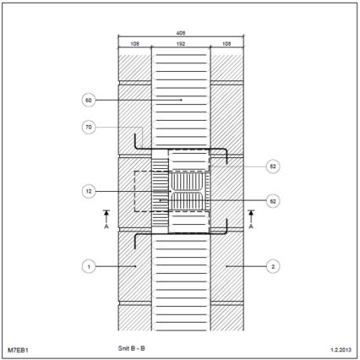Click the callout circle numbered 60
click(x=89, y=101)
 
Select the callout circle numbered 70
click(x=89, y=128)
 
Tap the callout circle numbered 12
click(x=89, y=192)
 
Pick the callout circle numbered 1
click(x=89, y=266)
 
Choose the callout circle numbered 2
click(x=273, y=266)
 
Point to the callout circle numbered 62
click(x=273, y=201)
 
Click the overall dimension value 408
click(x=181, y=33)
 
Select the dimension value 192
click(x=181, y=44)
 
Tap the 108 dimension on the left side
click(x=135, y=44)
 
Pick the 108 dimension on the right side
click(x=226, y=44)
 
